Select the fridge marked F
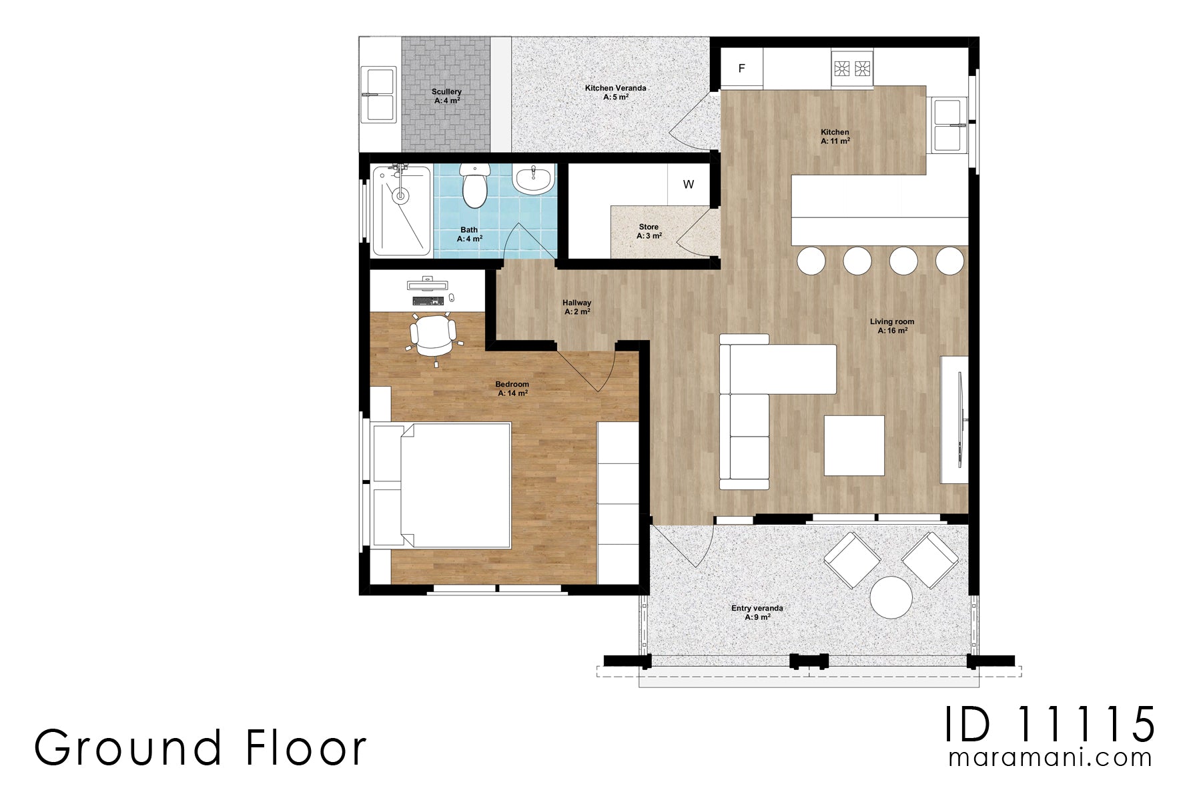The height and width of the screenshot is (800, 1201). point(742,69)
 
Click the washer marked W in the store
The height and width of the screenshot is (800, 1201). point(689,184)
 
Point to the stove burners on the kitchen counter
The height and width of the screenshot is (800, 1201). point(851,68)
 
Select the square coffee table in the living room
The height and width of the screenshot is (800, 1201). point(854,445)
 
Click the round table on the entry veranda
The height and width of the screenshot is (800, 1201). point(891,597)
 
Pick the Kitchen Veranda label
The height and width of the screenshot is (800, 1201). point(615,92)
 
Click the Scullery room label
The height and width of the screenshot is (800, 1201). point(446,96)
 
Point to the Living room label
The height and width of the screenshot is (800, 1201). point(892,326)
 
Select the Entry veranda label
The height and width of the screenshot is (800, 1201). point(757,613)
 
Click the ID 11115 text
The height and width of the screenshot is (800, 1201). point(1050,725)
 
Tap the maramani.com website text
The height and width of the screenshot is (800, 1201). point(1050,757)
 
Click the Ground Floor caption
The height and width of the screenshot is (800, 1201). point(200,747)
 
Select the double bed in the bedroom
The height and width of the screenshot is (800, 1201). point(442,485)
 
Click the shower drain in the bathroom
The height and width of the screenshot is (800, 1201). point(400,195)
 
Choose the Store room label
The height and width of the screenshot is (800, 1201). point(649,231)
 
